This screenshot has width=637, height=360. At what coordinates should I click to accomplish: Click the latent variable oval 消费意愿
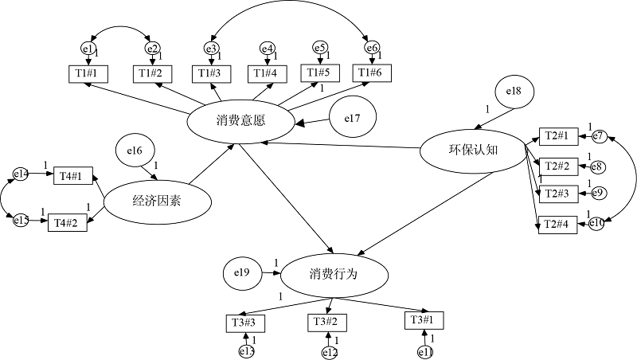[240, 122]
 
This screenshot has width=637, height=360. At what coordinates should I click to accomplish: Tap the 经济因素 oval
[157, 200]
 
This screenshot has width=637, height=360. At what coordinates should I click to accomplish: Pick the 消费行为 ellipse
[334, 274]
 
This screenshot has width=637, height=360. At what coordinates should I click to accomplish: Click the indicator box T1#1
[85, 74]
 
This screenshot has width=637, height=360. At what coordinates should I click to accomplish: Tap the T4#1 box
[73, 175]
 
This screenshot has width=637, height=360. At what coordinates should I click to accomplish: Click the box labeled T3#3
[244, 323]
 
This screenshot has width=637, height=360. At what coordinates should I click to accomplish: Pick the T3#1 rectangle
[423, 320]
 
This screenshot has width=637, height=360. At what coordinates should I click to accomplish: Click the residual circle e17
[353, 119]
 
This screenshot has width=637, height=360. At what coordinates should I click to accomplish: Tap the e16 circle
[135, 150]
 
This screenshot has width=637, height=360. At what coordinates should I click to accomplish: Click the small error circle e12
[330, 352]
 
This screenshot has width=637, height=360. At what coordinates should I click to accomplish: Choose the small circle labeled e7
[599, 137]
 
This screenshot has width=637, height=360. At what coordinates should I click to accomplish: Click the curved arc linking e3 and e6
[291, 10]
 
